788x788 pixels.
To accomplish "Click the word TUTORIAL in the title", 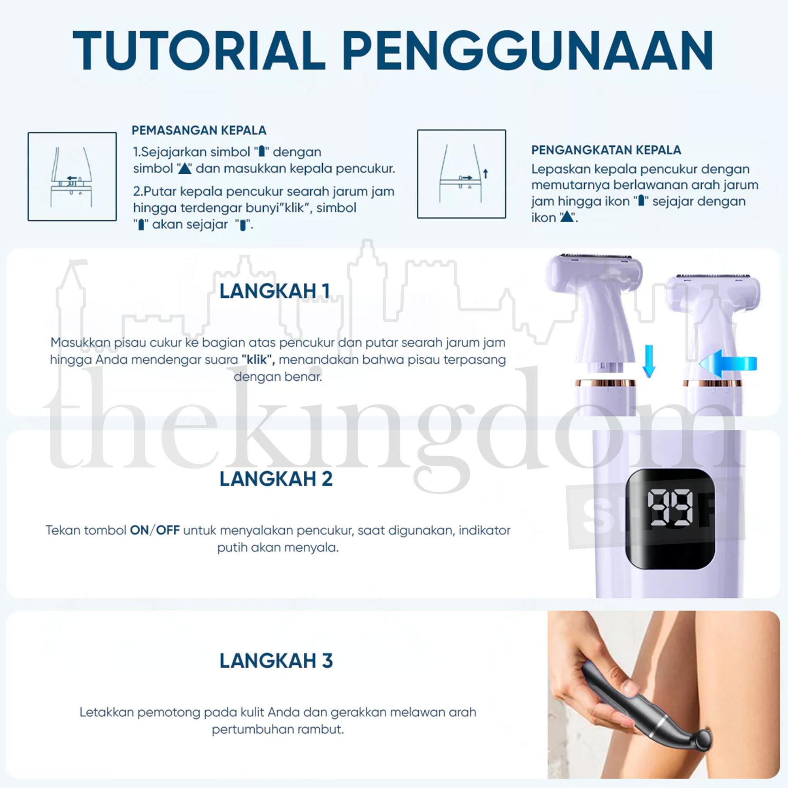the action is click(x=199, y=51).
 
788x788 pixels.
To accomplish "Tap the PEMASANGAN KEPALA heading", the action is click(x=199, y=130).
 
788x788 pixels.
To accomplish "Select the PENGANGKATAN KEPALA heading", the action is click(x=606, y=150).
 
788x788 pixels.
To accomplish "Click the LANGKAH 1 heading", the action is click(x=274, y=291).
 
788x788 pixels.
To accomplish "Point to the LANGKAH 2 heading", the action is click(x=276, y=479).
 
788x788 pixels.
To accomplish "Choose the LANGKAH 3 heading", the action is click(x=276, y=661).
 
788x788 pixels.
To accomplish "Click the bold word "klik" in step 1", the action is click(x=258, y=360).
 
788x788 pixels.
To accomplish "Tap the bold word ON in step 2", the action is click(x=139, y=530).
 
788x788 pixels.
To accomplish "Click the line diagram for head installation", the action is click(x=72, y=177).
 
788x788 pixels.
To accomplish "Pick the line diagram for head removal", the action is click(x=461, y=174).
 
